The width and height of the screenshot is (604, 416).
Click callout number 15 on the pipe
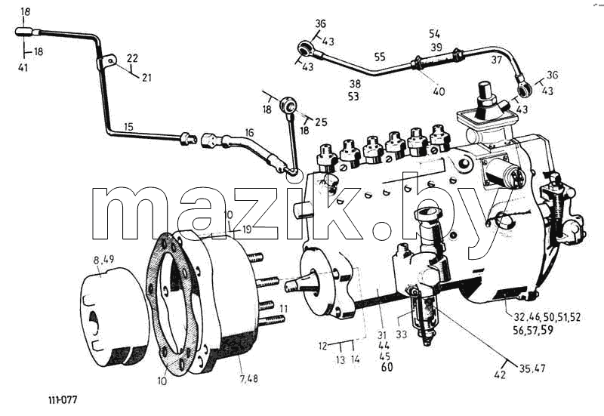[128, 127]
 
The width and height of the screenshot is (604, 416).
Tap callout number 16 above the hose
[250, 133]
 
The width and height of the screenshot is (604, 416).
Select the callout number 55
[380, 57]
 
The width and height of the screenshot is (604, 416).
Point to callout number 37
[497, 60]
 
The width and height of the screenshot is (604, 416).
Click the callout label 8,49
[103, 260]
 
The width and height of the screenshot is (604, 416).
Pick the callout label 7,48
[249, 379]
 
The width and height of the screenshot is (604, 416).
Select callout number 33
[401, 334]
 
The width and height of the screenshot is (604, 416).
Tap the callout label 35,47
[532, 368]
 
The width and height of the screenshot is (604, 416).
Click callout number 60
[387, 367]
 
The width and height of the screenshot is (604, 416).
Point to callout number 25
[321, 122]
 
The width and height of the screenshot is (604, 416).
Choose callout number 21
[146, 78]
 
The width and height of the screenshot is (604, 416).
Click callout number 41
[23, 68]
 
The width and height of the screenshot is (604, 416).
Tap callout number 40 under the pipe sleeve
[439, 91]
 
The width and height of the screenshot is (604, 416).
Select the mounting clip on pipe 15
[107, 63]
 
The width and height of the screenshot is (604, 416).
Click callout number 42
[500, 374]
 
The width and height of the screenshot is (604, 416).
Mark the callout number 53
[353, 97]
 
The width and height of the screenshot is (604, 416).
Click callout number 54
[435, 34]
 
